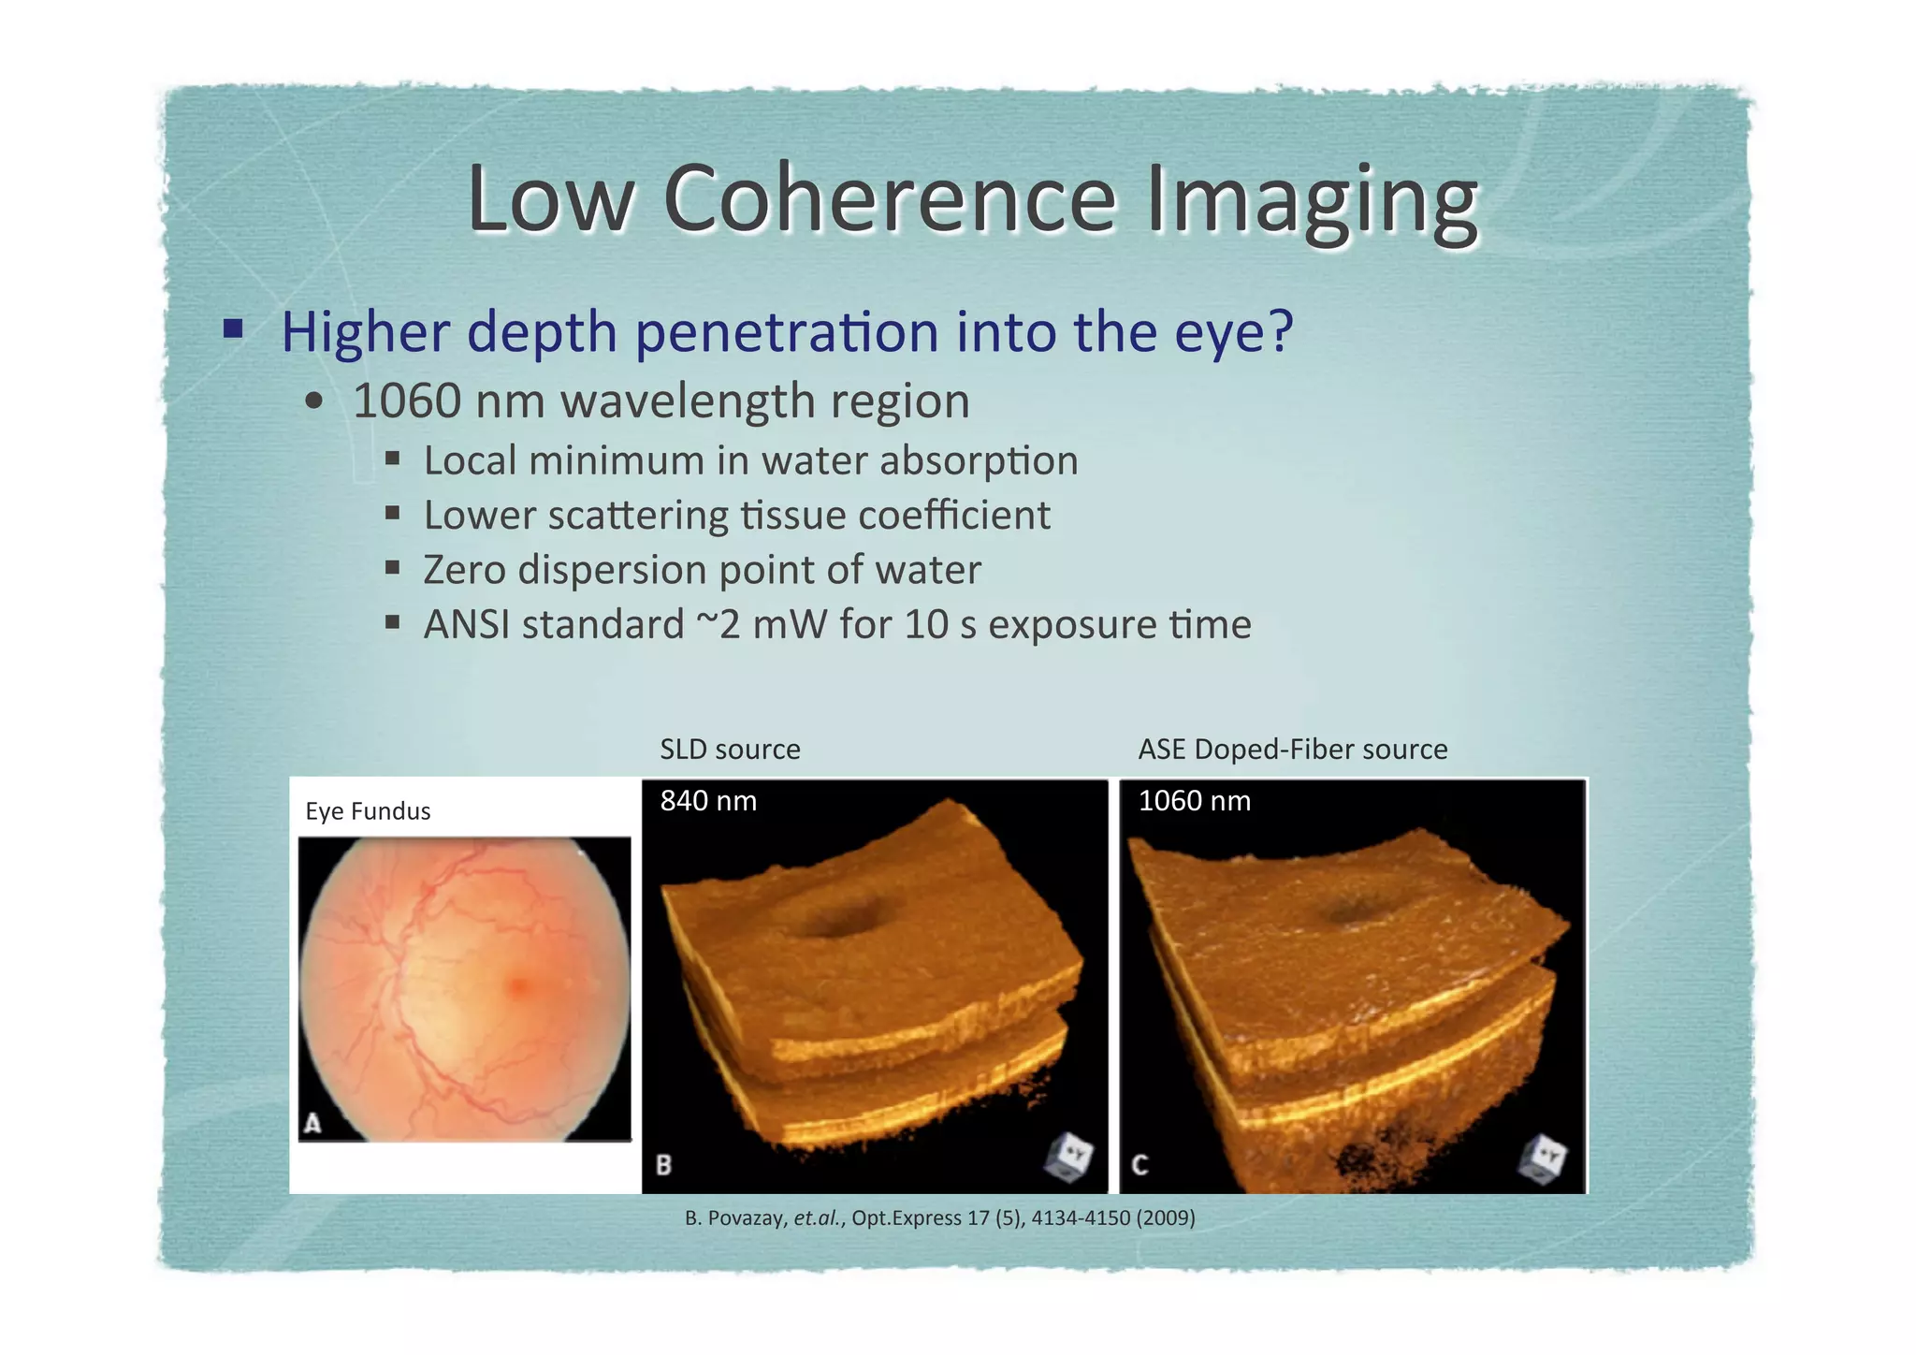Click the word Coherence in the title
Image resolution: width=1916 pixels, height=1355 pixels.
tap(889, 198)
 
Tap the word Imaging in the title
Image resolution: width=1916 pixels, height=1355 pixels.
tap(1312, 200)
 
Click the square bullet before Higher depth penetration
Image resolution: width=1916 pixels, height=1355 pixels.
tap(233, 329)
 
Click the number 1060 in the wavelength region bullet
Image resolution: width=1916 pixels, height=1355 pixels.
tap(407, 401)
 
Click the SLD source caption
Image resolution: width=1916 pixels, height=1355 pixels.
tap(730, 749)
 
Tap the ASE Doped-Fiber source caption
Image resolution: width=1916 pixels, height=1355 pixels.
tap(1292, 749)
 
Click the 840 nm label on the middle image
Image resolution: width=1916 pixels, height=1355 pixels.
tap(708, 801)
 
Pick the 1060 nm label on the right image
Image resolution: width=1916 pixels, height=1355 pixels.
tap(1194, 801)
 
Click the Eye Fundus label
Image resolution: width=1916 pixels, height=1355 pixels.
tap(368, 810)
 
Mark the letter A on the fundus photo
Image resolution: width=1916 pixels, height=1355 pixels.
tap(312, 1123)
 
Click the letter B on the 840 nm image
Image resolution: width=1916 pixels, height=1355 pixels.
tap(663, 1165)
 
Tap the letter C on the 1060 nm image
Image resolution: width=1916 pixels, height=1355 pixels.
tap(1139, 1165)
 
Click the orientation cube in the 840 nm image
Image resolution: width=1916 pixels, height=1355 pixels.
tap(1068, 1158)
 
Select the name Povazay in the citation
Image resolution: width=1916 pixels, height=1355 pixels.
tap(747, 1218)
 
